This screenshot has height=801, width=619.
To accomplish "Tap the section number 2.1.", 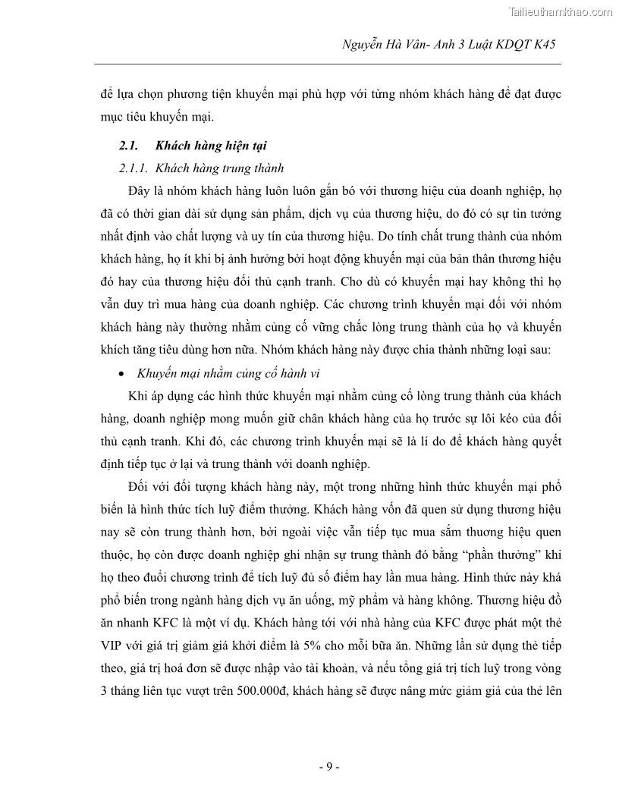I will pyautogui.click(x=128, y=146).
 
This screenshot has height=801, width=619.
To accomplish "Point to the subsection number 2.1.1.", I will pyautogui.click(x=134, y=168).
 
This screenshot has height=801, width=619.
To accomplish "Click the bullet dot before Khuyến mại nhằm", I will pyautogui.click(x=123, y=373).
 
